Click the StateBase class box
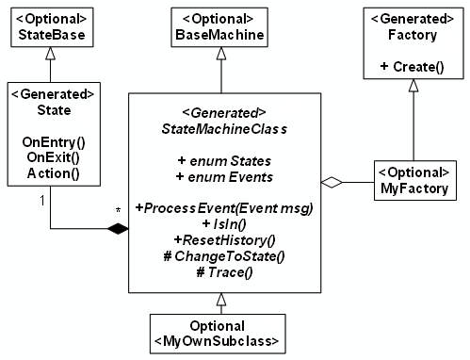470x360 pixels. (50, 27)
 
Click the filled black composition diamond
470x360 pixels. (116, 228)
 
